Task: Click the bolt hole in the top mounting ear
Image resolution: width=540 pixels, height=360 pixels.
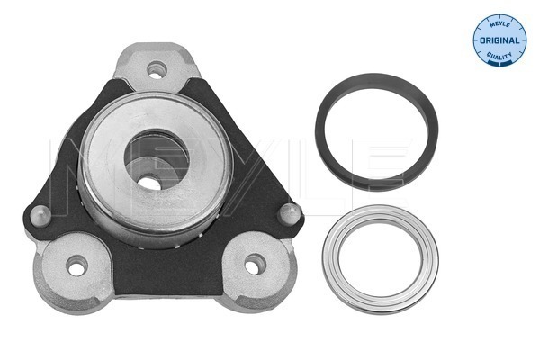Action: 157,70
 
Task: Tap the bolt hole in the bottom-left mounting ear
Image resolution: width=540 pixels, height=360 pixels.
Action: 77,265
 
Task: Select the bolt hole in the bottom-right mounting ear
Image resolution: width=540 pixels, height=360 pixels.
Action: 256,265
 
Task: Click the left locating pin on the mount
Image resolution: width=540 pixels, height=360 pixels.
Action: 40,216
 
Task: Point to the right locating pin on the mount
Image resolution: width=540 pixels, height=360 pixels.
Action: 289,214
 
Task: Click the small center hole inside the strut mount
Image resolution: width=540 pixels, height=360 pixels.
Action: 150,183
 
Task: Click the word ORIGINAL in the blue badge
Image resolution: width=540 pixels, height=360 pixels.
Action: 499,40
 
